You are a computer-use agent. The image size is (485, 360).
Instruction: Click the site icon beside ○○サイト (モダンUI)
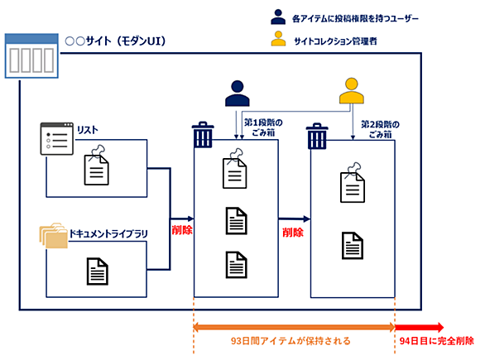point(31,55)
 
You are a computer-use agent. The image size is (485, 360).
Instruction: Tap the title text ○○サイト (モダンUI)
point(115,41)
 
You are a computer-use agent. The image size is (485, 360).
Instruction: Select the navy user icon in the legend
point(278,17)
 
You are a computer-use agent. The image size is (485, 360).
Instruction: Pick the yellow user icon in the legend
point(278,38)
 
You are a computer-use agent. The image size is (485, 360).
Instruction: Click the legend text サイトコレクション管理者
point(335,41)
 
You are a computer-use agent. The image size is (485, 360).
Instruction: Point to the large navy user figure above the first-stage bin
point(238,94)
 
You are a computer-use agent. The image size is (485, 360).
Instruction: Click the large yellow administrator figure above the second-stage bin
point(352,90)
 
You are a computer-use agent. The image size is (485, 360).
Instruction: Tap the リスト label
point(88,130)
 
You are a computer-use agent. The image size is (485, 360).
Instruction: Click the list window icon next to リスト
point(57,138)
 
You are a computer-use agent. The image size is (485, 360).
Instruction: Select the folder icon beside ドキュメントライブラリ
point(53,235)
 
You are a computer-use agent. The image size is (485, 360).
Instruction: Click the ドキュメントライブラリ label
point(108,233)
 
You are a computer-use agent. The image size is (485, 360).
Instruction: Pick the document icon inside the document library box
point(98,271)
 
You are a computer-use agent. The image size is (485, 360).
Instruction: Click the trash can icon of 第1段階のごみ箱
point(203,134)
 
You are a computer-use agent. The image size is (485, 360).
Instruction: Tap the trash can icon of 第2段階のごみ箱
point(317,136)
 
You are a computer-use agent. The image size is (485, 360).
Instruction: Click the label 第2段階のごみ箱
point(380,129)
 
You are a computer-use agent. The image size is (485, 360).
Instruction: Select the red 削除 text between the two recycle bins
point(293,233)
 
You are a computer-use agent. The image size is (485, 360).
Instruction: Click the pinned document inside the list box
point(97,166)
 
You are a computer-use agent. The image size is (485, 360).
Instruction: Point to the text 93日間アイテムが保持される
point(291,341)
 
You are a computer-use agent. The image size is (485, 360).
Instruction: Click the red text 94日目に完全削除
point(436,341)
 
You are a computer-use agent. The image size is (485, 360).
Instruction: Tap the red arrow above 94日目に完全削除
point(420,327)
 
